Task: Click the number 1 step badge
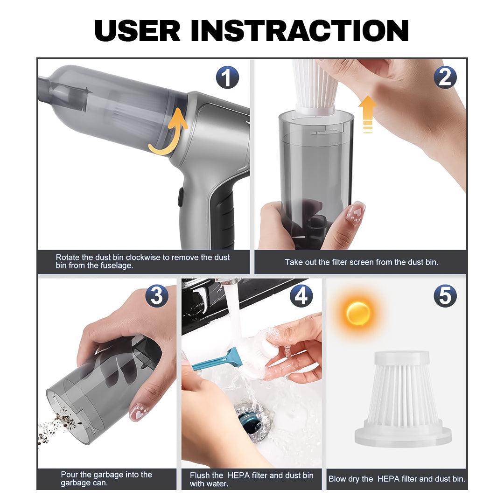(x=227, y=77)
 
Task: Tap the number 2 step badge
(x=445, y=77)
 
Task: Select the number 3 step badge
(x=156, y=296)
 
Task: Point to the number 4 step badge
(x=301, y=296)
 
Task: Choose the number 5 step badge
(x=445, y=296)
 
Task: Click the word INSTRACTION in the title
(x=300, y=30)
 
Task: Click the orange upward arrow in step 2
(x=367, y=114)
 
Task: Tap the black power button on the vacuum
(x=181, y=197)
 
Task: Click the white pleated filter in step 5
(x=403, y=399)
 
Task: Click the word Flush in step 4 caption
(x=200, y=476)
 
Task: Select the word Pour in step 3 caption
(x=69, y=475)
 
